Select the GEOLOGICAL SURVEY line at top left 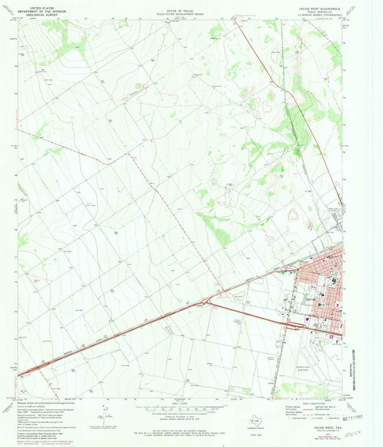click(33, 12)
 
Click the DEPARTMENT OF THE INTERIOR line click(33, 9)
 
